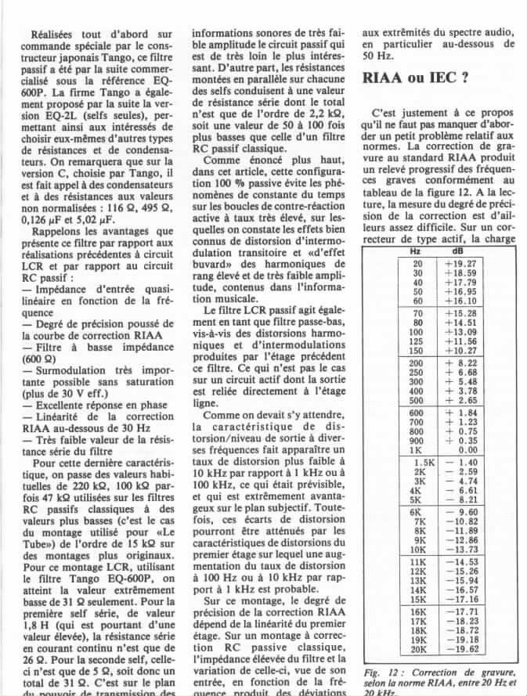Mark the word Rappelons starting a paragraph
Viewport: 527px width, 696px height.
(59, 232)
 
